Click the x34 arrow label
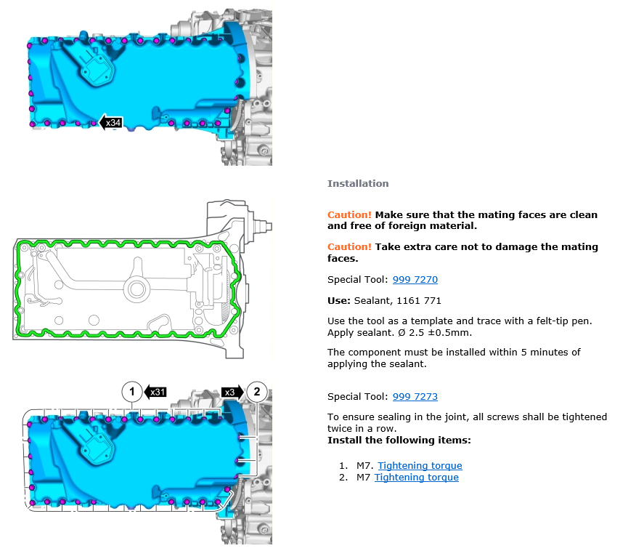[x=111, y=123]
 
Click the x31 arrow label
[x=155, y=393]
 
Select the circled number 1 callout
[x=132, y=392]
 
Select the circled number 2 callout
[x=257, y=392]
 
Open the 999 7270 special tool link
[x=415, y=280]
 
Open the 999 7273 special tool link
[x=415, y=397]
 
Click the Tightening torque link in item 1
[x=420, y=465]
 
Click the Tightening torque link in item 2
[x=417, y=478]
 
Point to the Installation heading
[x=358, y=183]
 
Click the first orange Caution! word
[x=349, y=214]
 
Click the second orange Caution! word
[x=349, y=246]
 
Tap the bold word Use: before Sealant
[x=339, y=301]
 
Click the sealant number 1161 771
[x=419, y=301]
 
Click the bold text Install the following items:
[x=399, y=441]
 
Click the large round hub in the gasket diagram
[x=136, y=289]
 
